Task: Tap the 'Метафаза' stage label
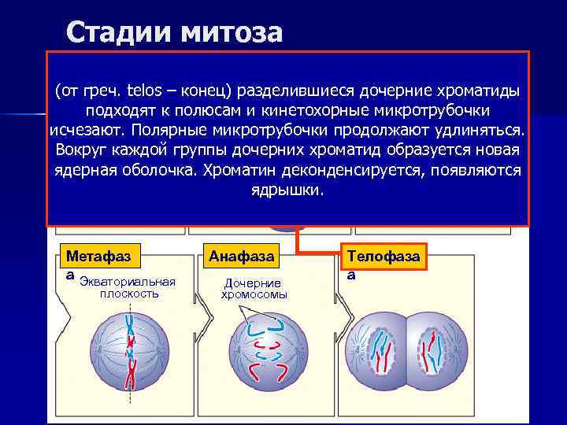pyautogui.click(x=98, y=257)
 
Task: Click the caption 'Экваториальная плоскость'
pyautogui.click(x=128, y=288)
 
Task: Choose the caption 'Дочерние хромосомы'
pyautogui.click(x=254, y=289)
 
